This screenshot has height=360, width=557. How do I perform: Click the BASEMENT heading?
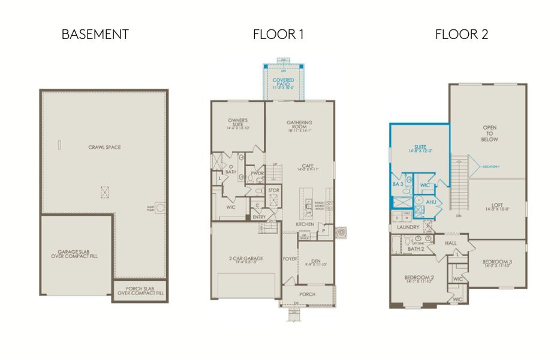pos(95,34)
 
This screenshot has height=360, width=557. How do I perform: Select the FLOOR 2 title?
pos(461,34)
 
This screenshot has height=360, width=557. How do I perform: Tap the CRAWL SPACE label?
pos(104,147)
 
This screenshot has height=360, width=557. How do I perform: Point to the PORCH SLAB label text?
pos(141,290)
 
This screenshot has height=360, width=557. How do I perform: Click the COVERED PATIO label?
pos(283,82)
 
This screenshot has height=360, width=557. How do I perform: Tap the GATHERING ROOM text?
pos(300,125)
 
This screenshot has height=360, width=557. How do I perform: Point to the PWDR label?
pos(258,173)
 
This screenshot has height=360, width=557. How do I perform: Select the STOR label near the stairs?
pos(274,191)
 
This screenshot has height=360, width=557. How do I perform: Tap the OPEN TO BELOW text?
pos(490,133)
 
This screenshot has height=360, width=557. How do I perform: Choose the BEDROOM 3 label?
pos(498,262)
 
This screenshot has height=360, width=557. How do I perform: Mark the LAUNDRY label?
pos(408,227)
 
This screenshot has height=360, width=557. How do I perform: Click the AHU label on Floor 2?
pos(430,202)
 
